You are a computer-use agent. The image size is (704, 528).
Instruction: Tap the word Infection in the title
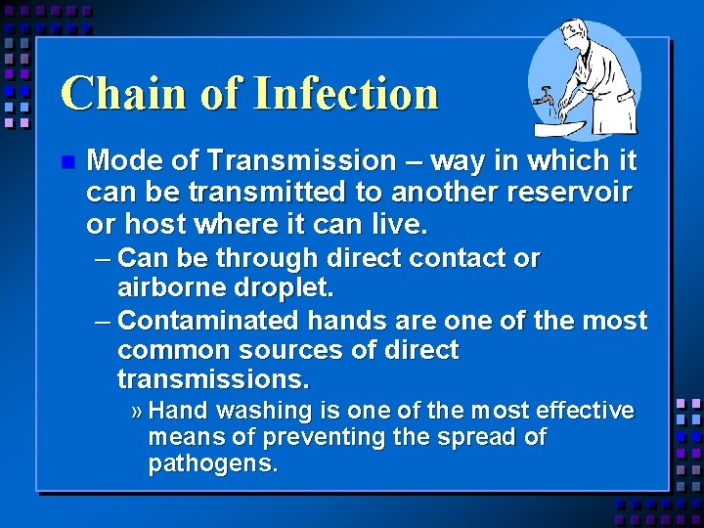coord(345,93)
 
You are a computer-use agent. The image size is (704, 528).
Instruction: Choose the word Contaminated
coord(209,321)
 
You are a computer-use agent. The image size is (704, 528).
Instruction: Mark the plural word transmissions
coord(212,378)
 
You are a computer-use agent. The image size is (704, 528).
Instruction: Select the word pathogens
coord(212,462)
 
